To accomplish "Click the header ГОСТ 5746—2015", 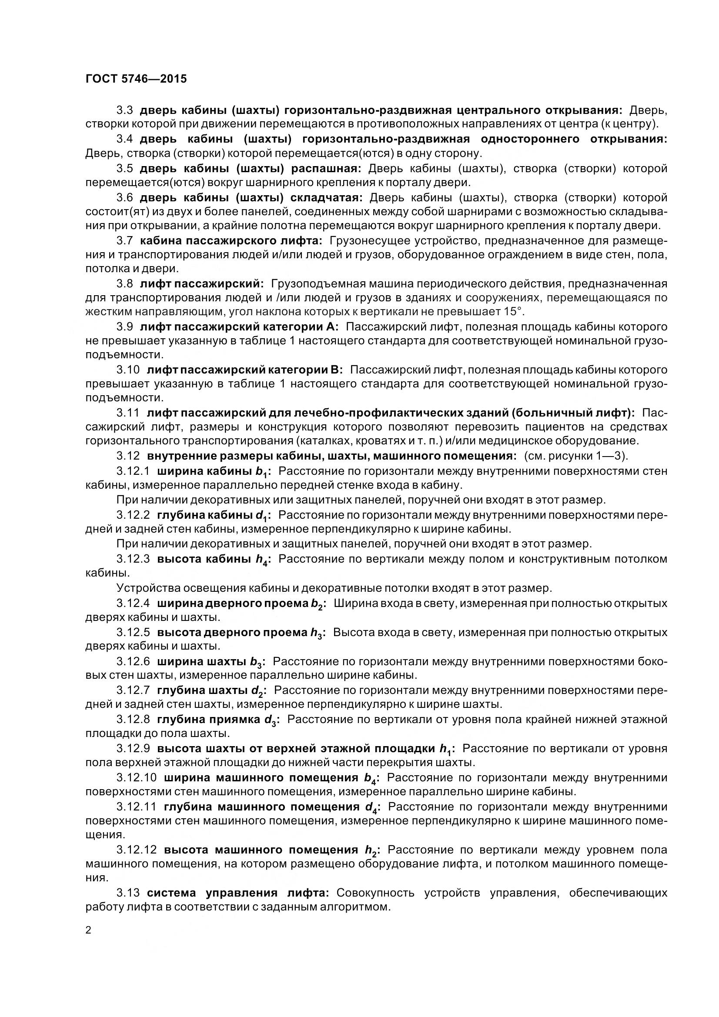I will pos(136,79).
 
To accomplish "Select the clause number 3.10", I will pos(128,370).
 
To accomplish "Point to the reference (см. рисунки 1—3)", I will pos(576,456).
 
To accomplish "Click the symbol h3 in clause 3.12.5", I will pos(316,634).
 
